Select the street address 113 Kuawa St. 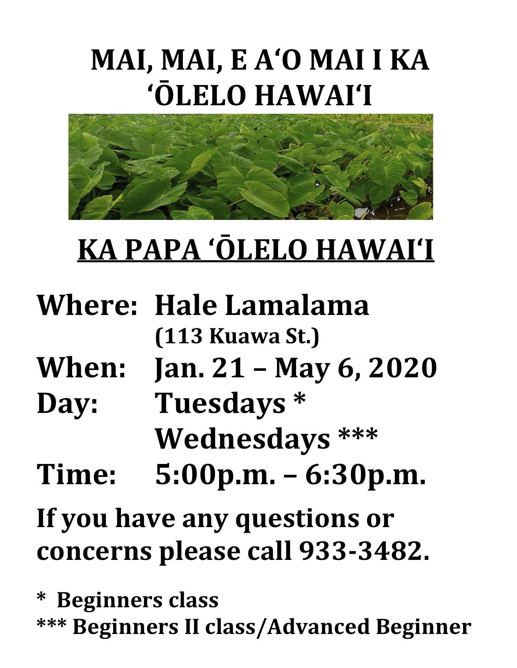click(x=237, y=337)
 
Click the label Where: click(x=87, y=306)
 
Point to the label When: click(x=82, y=368)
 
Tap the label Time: click(x=76, y=475)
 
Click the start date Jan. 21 click(x=200, y=368)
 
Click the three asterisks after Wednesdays click(x=358, y=434)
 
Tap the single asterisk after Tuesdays click(x=299, y=399)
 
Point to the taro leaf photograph click(x=251, y=167)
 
